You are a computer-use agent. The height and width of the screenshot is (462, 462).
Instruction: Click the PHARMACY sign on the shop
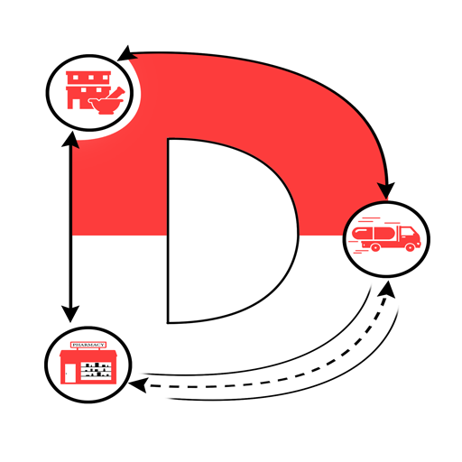pos(88,345)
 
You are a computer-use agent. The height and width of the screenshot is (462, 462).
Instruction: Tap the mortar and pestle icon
pos(106,102)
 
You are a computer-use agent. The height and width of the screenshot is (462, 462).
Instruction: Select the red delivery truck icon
pos(386,236)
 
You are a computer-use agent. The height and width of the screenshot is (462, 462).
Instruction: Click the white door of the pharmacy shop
pos(70,374)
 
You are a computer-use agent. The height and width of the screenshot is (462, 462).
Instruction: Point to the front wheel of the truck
pos(411,247)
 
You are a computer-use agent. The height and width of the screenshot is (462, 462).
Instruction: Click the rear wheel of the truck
pos(375,247)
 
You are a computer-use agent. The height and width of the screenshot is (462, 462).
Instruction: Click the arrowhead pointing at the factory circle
pos(126,54)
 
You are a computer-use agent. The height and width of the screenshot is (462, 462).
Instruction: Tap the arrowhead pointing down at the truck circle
pos(387,190)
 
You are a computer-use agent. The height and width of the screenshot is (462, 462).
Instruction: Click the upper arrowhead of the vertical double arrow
pos(70,140)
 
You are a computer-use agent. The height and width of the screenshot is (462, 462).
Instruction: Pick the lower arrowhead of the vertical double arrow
pos(70,314)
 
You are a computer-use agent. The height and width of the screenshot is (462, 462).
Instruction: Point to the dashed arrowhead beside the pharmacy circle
pos(138,385)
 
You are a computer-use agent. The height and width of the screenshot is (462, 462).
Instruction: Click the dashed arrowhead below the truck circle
pos(388,290)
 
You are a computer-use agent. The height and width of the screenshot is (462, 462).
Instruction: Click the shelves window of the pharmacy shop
pos(96,370)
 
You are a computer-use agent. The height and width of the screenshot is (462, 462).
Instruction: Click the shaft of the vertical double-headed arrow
pos(70,227)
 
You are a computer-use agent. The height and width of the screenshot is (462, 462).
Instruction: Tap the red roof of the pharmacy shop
pos(88,353)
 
